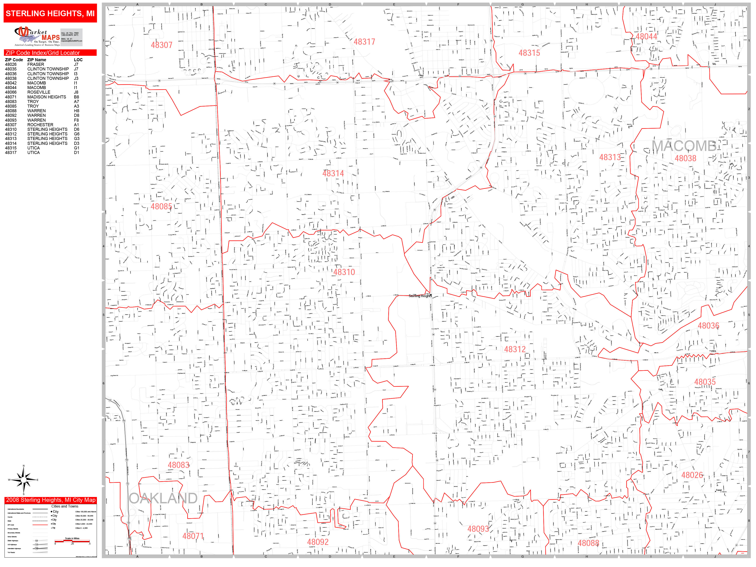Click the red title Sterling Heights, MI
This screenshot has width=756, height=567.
point(50,13)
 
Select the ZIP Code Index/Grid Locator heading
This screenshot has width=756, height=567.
point(43,53)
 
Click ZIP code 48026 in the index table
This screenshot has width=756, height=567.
point(10,64)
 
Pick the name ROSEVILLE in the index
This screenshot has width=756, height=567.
point(39,92)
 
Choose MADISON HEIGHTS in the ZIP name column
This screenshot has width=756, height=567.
point(46,97)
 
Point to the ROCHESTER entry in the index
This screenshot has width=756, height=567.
point(40,125)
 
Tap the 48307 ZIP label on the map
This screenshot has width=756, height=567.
point(162,45)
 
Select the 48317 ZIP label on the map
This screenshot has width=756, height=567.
point(364,42)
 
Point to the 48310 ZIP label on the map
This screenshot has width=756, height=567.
point(344,272)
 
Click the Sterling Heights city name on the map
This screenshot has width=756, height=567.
point(420,296)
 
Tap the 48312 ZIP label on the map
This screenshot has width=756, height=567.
point(515,349)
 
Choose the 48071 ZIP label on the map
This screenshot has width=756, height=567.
point(193,536)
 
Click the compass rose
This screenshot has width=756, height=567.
point(24,480)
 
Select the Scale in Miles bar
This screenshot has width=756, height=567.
point(72,541)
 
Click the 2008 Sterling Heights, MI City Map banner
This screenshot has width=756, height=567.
point(51,500)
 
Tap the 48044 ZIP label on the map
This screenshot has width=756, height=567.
point(646,37)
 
